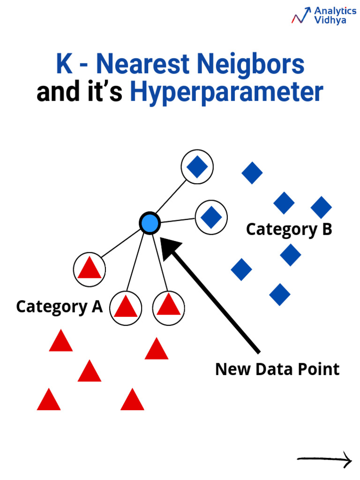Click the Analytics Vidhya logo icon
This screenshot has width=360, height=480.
point(301,15)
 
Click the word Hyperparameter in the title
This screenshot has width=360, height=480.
point(226,92)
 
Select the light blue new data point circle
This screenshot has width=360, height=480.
point(150,223)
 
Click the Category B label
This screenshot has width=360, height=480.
point(289,230)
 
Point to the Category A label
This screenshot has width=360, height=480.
point(59,307)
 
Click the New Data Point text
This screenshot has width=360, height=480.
point(277,369)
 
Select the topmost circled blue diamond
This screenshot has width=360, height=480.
point(197,167)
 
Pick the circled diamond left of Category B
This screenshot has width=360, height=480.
point(211,217)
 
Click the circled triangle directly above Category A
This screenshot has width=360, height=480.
point(90,270)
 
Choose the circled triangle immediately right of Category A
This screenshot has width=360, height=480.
point(126,307)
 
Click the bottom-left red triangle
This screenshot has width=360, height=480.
point(49,400)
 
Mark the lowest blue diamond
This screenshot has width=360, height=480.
point(280,294)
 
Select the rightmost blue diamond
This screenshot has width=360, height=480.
point(321,207)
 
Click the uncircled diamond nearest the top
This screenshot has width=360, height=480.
point(252,173)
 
